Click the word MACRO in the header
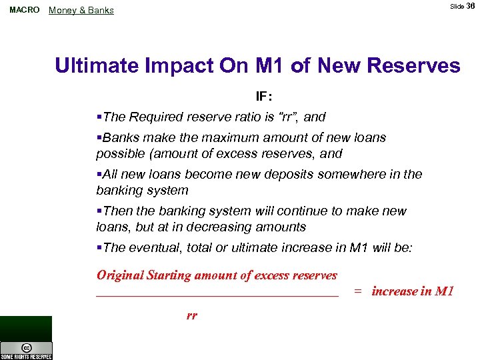point(25,10)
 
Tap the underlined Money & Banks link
point(81,11)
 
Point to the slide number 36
point(471,6)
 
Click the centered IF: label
point(265,96)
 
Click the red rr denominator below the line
point(192,315)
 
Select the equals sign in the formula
point(358,291)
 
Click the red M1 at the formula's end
point(443,291)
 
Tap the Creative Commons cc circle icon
point(26,348)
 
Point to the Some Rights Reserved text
point(26,357)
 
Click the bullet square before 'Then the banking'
point(99,211)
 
